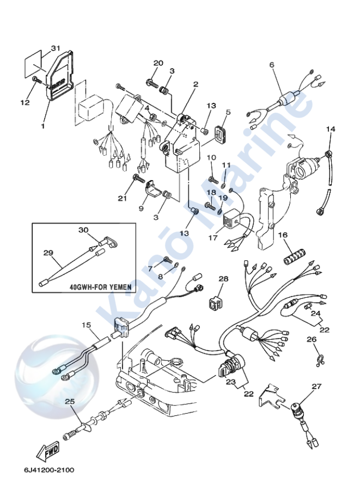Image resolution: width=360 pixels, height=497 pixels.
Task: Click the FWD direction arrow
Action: coord(47,450)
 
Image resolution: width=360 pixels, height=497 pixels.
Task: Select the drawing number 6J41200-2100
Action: coord(49,470)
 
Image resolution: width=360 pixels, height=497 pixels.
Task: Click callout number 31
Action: coord(55,48)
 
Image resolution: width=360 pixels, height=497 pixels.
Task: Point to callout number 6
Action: coord(271,65)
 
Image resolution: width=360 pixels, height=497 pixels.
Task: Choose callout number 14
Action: coord(331,129)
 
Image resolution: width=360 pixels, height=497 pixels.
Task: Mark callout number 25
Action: coord(69,401)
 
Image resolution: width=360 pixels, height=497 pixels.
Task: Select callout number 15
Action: coord(86,325)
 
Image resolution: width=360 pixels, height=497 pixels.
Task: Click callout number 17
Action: coord(212,237)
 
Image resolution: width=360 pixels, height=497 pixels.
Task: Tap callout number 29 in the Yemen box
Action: coord(48,253)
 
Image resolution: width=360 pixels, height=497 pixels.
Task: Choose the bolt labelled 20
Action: coord(150,83)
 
